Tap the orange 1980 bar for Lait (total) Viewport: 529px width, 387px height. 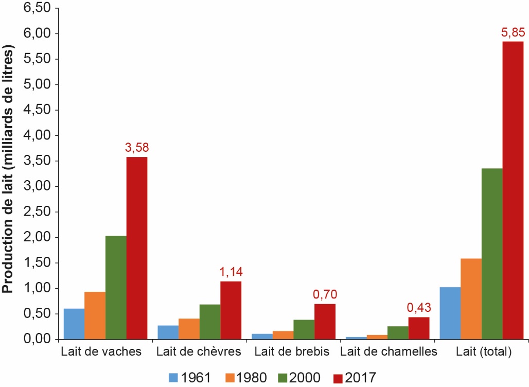tap(471, 298)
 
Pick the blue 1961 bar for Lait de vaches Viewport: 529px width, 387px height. tap(74, 324)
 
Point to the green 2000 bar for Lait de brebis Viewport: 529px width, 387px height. tap(304, 329)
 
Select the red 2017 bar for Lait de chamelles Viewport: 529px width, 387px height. tap(418, 328)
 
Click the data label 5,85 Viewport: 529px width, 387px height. tap(513, 34)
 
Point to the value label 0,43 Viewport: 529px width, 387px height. tap(418, 309)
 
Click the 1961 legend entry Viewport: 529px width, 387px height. tap(190, 378)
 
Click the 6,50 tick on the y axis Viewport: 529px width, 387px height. tap(38, 9)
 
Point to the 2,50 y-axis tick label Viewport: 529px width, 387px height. tap(38, 212)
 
